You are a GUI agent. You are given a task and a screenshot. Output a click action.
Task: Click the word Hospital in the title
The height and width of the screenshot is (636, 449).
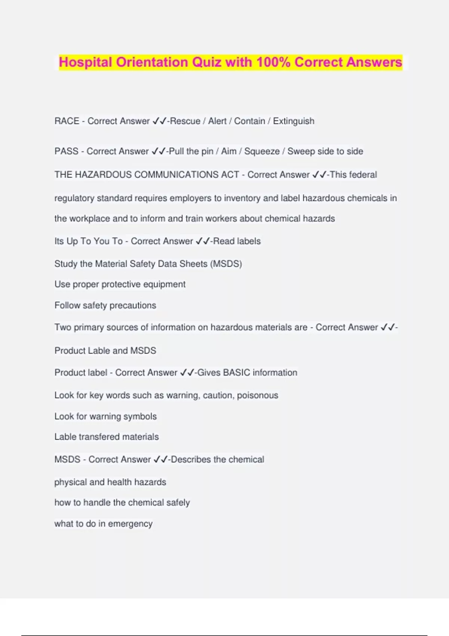click(86, 62)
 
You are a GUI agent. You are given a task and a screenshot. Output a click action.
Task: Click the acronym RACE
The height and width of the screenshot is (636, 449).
click(67, 121)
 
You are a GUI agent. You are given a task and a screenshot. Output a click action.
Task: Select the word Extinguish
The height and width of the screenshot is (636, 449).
click(294, 121)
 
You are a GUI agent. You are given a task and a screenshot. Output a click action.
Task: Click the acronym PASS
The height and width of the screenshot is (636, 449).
click(67, 152)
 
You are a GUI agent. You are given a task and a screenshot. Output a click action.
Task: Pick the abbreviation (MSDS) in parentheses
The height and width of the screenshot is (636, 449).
click(226, 264)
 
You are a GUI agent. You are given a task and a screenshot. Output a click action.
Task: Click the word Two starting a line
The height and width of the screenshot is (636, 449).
click(63, 327)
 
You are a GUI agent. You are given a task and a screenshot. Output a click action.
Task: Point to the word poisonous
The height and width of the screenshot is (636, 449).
click(258, 395)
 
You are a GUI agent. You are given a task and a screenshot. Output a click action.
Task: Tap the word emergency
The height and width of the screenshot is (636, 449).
click(130, 524)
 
